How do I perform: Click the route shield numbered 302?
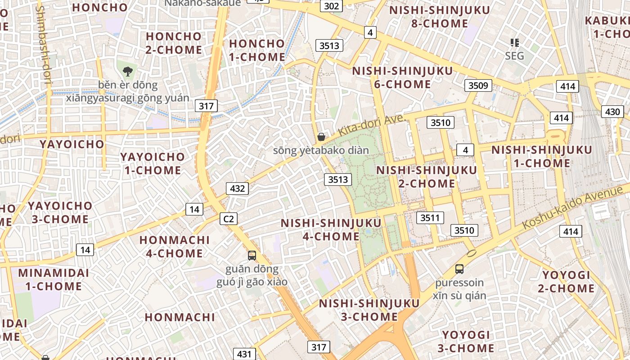[331, 6]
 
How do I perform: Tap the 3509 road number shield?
[478, 85]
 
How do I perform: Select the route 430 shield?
[612, 112]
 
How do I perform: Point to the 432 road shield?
[237, 188]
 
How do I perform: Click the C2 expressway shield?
[229, 219]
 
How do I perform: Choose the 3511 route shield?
[430, 218]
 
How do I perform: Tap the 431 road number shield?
[244, 354]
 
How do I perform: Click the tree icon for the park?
[128, 71]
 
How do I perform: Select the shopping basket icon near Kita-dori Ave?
[321, 136]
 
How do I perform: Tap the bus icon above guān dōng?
[252, 256]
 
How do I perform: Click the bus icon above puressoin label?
[459, 269]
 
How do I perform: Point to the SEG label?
[514, 55]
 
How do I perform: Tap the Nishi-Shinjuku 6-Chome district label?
[402, 77]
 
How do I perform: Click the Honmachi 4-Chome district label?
[175, 246]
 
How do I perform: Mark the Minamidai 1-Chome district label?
[54, 279]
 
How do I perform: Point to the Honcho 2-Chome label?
[174, 43]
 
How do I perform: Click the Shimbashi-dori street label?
[45, 45]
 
